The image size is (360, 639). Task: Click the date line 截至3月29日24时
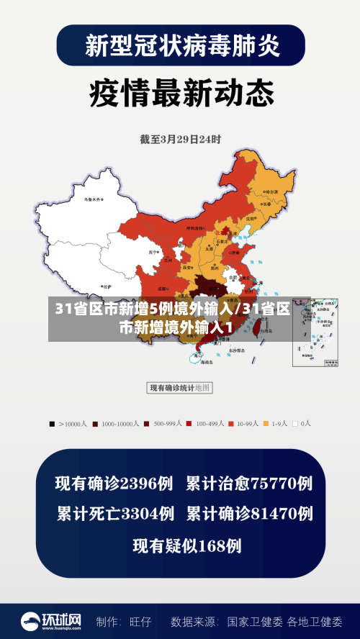click(x=180, y=138)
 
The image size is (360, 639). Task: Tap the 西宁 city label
click(x=152, y=253)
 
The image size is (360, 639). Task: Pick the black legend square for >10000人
click(x=51, y=424)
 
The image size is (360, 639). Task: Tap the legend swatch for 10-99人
click(x=232, y=424)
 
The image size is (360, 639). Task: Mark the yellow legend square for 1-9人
click(x=266, y=424)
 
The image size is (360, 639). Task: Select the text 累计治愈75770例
click(x=248, y=484)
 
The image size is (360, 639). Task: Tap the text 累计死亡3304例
click(x=115, y=514)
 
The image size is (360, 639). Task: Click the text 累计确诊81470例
click(x=249, y=514)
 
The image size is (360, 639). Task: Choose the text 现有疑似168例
click(x=186, y=545)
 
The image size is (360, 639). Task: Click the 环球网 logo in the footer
click(x=50, y=621)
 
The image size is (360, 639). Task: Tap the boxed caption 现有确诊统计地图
click(x=179, y=388)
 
